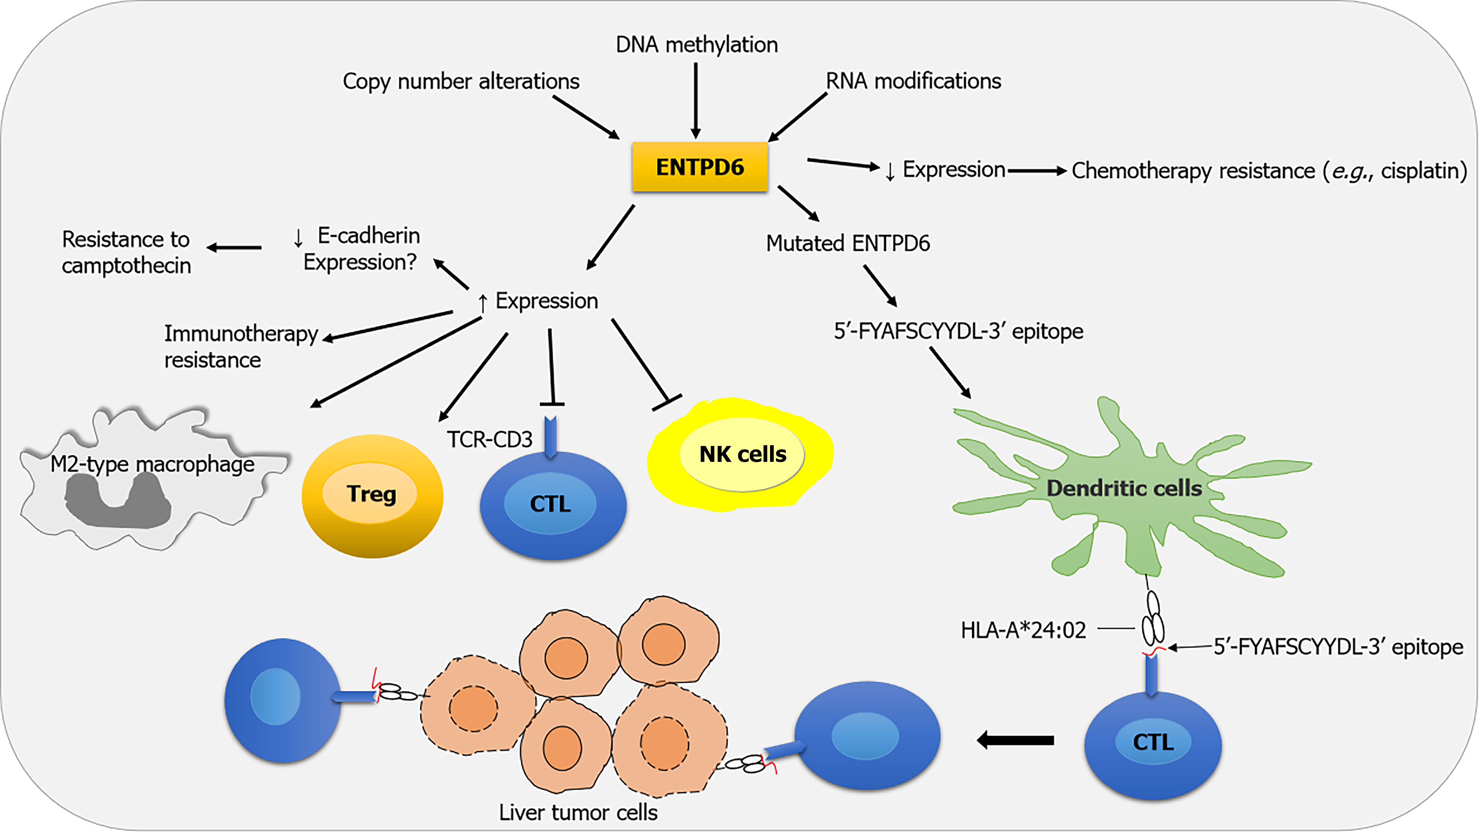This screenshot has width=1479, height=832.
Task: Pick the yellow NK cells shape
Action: tap(741, 454)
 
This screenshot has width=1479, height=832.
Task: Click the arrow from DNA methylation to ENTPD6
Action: tap(696, 100)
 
